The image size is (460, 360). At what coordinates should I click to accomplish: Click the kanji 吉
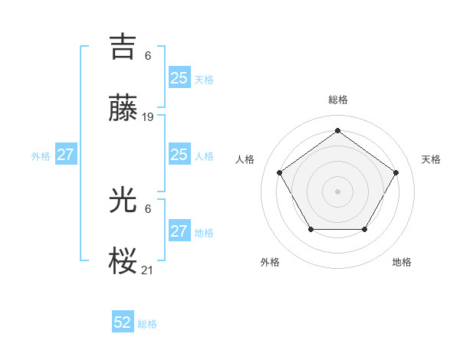click(x=123, y=47)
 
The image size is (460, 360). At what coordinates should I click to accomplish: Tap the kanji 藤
click(x=123, y=109)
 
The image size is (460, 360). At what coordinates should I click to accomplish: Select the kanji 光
click(x=123, y=201)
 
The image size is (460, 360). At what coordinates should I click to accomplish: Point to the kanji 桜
click(x=123, y=261)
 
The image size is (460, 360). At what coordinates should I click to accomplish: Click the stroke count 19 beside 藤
click(x=148, y=117)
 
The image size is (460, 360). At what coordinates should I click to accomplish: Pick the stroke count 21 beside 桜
click(x=148, y=270)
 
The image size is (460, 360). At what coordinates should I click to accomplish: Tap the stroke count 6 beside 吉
click(x=148, y=56)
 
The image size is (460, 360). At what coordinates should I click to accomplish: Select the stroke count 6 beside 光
click(x=148, y=209)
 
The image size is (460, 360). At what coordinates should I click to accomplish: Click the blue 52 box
click(x=123, y=322)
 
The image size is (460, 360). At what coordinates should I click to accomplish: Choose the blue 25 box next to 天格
click(x=179, y=77)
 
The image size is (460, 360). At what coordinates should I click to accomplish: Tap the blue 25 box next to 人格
click(x=179, y=155)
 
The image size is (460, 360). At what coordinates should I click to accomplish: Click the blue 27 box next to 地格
click(x=179, y=231)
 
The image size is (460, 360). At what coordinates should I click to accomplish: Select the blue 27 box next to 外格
click(x=65, y=155)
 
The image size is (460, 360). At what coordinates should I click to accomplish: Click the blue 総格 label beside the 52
click(x=147, y=324)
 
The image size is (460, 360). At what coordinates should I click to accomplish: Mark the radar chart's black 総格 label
click(x=337, y=100)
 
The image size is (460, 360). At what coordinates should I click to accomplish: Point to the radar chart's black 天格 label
click(x=431, y=159)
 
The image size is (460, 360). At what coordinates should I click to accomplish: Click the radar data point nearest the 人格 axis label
click(x=280, y=172)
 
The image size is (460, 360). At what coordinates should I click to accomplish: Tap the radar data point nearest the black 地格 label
click(x=364, y=229)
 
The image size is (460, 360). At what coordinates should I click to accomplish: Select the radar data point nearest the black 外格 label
click(x=310, y=229)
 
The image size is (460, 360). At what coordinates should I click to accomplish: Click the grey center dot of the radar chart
click(x=337, y=191)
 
